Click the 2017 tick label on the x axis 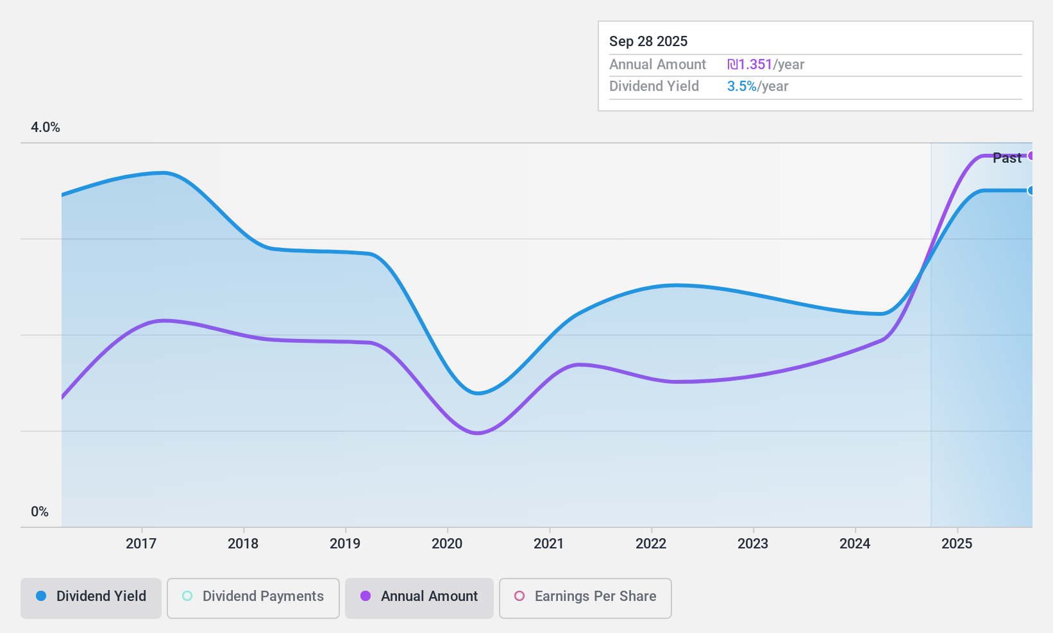point(141,544)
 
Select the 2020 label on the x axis point(447,544)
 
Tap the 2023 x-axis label point(753,544)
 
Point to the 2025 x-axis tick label point(957,544)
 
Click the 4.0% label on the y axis point(46,127)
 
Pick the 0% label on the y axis point(40,512)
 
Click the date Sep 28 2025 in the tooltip point(648,42)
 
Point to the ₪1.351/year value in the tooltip point(766,65)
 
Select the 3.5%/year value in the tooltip point(757,86)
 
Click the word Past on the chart point(1006,158)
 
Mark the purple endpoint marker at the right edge point(1031,156)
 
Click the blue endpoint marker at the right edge point(1031,190)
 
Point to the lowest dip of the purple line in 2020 point(477,433)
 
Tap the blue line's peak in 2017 point(164,172)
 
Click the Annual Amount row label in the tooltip point(657,65)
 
